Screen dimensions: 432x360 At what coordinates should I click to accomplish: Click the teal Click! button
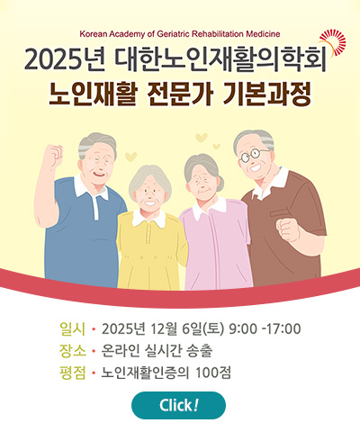coord(178,405)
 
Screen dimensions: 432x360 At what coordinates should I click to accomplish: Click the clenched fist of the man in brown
coord(287,229)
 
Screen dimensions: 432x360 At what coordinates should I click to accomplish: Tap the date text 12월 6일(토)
coord(184,328)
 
